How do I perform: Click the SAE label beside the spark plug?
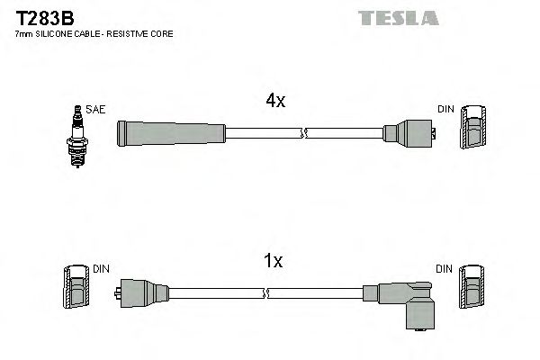click(x=97, y=109)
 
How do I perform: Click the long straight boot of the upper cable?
click(x=171, y=133)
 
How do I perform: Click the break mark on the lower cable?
click(x=267, y=292)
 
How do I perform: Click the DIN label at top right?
click(x=446, y=109)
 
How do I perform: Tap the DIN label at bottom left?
click(x=102, y=268)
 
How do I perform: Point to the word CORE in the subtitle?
click(x=160, y=33)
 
